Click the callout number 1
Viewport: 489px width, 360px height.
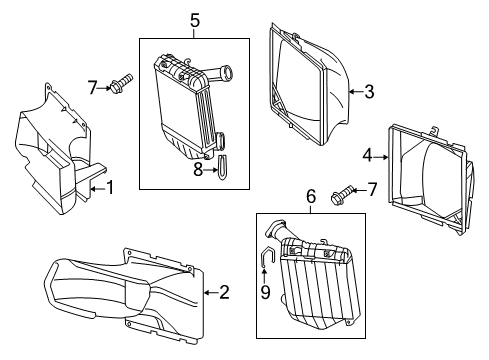pyautogui.click(x=110, y=188)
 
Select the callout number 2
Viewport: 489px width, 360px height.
pyautogui.click(x=224, y=292)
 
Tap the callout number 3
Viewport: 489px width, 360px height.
pyautogui.click(x=369, y=91)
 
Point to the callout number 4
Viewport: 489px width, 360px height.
pyautogui.click(x=367, y=155)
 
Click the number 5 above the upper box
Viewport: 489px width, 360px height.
pyautogui.click(x=195, y=21)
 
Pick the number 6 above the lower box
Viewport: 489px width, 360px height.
pyautogui.click(x=311, y=196)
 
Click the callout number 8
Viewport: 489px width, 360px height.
pyautogui.click(x=198, y=170)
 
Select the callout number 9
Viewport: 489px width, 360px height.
pyautogui.click(x=265, y=292)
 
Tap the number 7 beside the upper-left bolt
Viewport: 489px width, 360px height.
pyautogui.click(x=92, y=88)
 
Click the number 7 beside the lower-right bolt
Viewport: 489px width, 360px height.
pyautogui.click(x=372, y=189)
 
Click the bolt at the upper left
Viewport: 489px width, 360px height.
pyautogui.click(x=122, y=83)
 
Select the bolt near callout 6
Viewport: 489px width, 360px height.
pyautogui.click(x=341, y=194)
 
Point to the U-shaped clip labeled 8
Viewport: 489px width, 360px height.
pyautogui.click(x=222, y=167)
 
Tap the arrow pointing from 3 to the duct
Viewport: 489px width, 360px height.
pyautogui.click(x=356, y=91)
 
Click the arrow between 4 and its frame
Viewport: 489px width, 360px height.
pyautogui.click(x=381, y=156)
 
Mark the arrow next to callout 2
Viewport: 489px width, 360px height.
pyautogui.click(x=211, y=293)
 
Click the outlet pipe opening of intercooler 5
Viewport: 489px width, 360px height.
pyautogui.click(x=228, y=72)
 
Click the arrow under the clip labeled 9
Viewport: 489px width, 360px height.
pyautogui.click(x=264, y=276)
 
